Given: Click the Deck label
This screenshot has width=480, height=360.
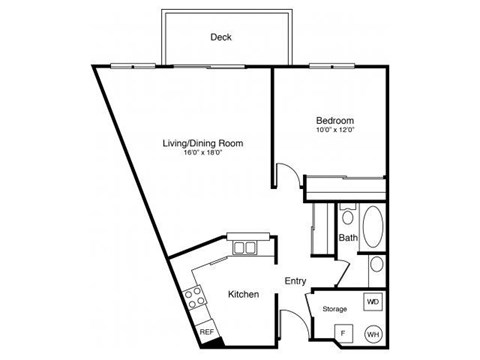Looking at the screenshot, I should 221,38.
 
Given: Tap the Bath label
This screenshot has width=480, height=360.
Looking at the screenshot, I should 348,238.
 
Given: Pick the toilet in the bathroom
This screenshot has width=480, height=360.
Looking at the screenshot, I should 347,215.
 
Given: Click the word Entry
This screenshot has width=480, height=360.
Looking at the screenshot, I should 296,282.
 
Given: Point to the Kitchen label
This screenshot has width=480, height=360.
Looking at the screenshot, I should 243,295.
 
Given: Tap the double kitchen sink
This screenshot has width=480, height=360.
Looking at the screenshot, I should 244,247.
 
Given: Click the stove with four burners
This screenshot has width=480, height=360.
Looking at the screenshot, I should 195,297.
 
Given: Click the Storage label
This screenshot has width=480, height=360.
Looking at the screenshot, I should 334,309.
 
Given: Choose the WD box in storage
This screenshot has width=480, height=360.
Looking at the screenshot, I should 372,301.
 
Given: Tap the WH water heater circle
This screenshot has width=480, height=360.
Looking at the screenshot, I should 372,333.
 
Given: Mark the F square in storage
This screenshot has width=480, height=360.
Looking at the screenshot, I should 342,333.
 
